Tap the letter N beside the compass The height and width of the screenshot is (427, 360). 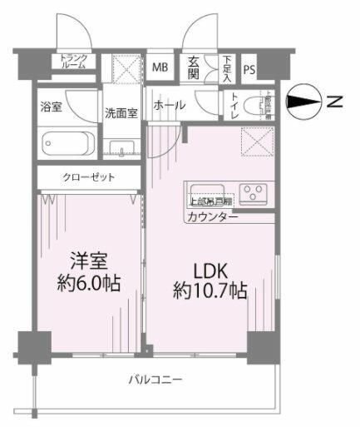click(333, 102)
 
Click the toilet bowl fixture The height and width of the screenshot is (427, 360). click(264, 107)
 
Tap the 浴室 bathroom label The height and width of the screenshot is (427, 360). click(52, 107)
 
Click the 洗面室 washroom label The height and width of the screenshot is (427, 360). click(121, 112)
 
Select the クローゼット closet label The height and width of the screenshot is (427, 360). click(87, 178)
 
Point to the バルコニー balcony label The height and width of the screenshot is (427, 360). click(155, 380)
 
